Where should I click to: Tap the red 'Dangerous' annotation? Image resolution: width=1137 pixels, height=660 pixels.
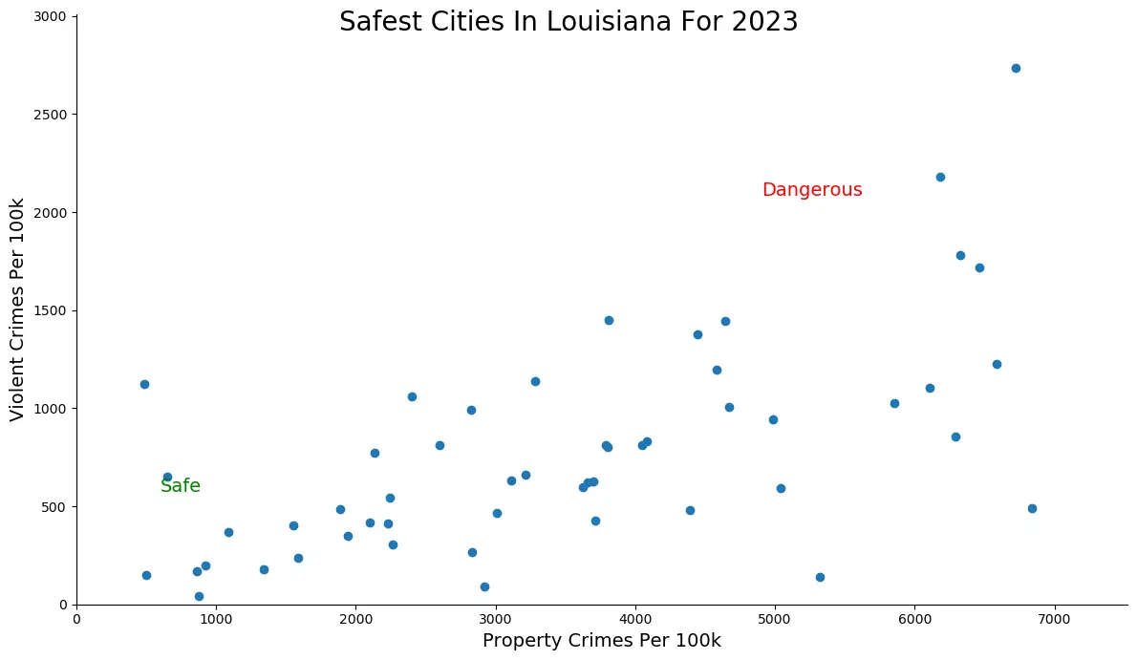click(x=812, y=190)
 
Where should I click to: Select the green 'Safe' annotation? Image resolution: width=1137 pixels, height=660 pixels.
click(x=181, y=486)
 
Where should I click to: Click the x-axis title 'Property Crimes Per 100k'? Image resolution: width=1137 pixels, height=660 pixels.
click(x=602, y=640)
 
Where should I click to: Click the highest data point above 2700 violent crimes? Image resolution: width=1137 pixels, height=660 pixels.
click(x=1016, y=68)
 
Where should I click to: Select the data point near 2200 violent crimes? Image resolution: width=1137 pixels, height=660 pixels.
click(x=940, y=177)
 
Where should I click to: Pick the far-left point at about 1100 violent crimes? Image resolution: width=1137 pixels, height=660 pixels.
click(x=144, y=384)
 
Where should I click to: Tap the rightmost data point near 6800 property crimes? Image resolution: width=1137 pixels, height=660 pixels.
click(x=1032, y=508)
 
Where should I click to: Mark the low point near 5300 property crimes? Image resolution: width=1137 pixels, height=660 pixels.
click(x=820, y=577)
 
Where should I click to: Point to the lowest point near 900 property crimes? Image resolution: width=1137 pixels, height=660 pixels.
click(x=199, y=596)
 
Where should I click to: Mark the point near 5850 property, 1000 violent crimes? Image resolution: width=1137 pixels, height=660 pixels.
click(x=894, y=403)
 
